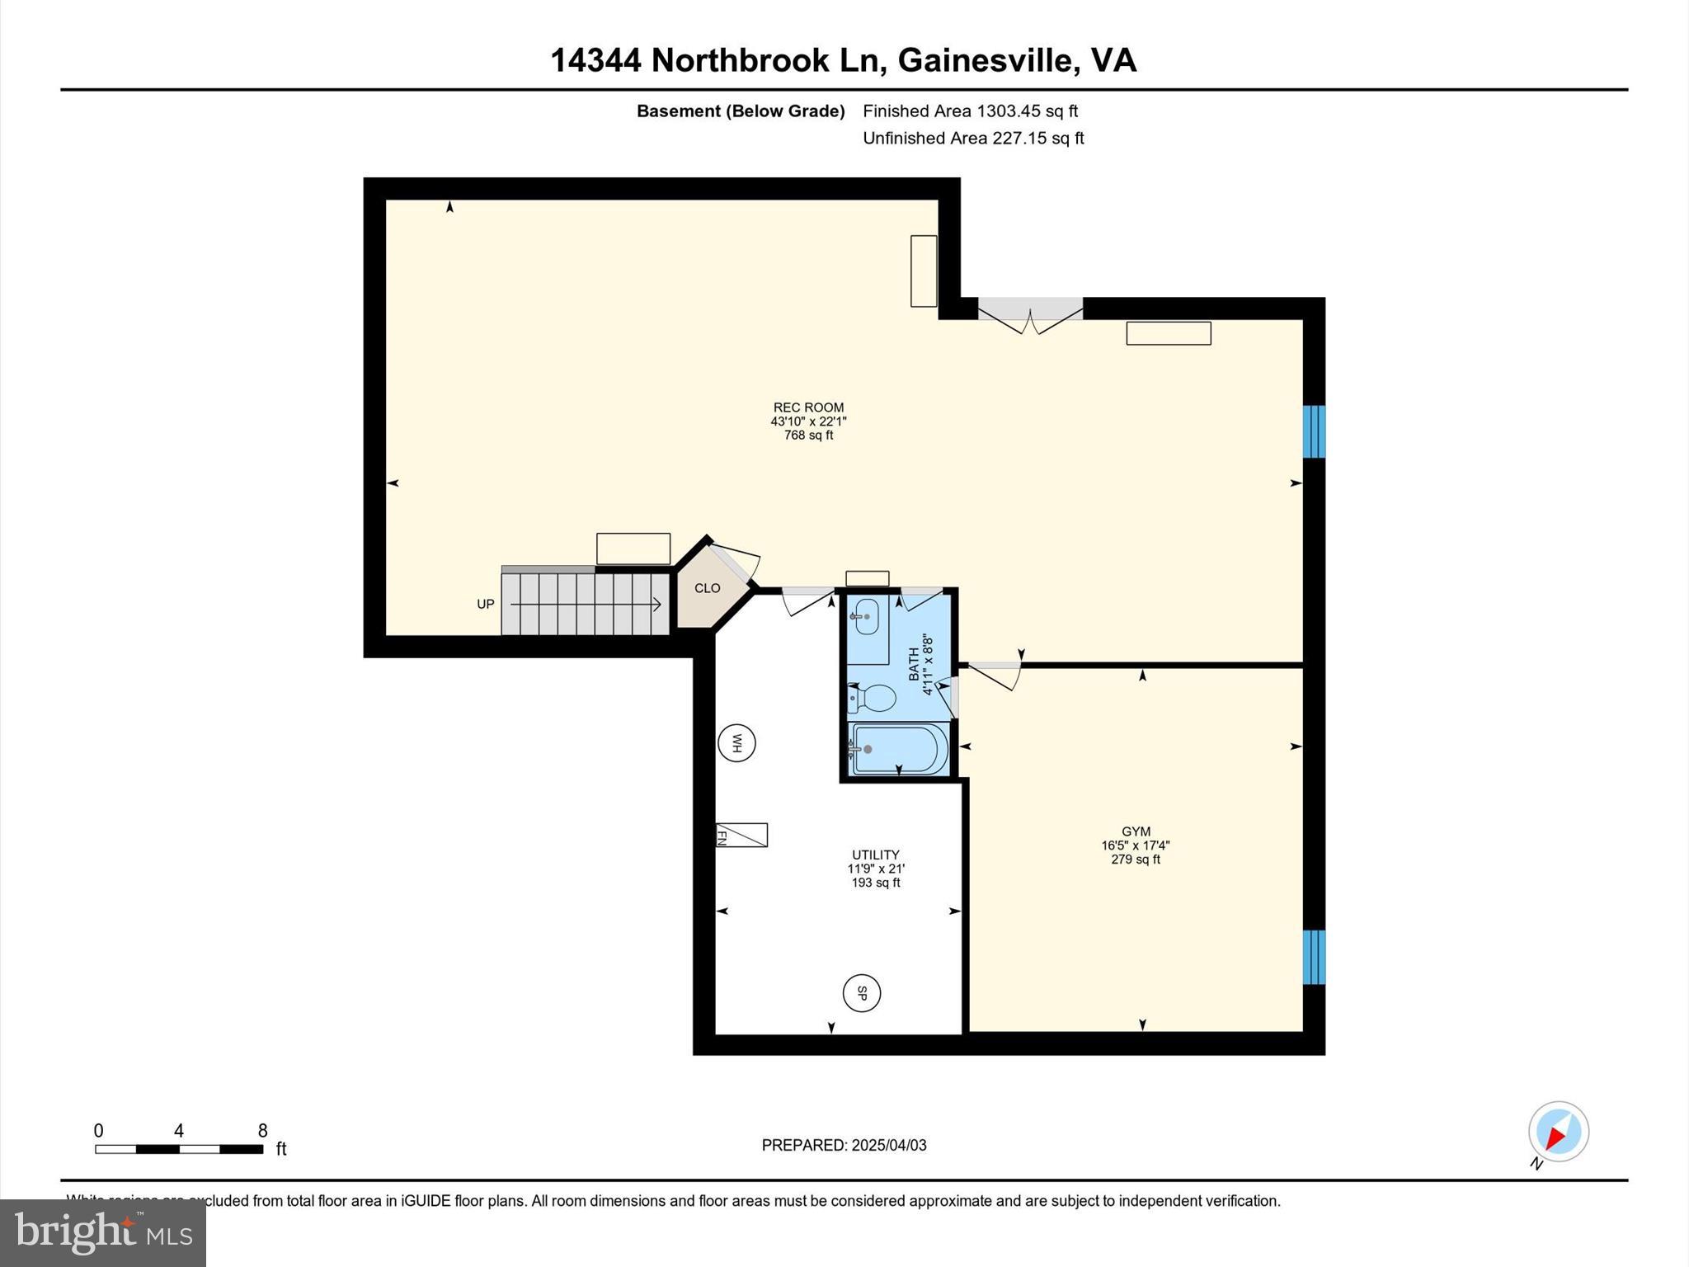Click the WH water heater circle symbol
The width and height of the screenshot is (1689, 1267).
[x=736, y=743]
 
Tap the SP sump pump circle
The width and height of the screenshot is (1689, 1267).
[x=862, y=993]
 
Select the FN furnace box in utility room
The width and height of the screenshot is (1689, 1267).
[x=741, y=835]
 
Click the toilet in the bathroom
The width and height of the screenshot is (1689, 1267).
[x=873, y=699]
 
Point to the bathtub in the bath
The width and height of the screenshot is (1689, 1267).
[x=899, y=749]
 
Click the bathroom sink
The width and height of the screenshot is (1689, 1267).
[x=866, y=616]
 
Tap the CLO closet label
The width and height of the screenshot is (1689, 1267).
[x=707, y=588]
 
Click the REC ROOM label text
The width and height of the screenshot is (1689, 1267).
[x=808, y=407]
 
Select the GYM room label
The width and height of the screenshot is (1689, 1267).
[x=1136, y=831]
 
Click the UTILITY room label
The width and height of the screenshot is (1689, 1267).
[x=875, y=855]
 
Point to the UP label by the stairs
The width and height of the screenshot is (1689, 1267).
[x=486, y=604]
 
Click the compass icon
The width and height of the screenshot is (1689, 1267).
[x=1558, y=1132]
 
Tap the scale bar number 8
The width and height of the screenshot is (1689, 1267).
[x=262, y=1130]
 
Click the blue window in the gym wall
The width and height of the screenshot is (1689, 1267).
[x=1313, y=957]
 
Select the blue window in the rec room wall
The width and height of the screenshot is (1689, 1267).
[x=1313, y=431]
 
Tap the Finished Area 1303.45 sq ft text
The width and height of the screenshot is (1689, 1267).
[x=970, y=111]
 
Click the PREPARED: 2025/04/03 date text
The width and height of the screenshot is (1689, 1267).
[x=844, y=1145]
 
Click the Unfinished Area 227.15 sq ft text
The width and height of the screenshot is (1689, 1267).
[x=973, y=138]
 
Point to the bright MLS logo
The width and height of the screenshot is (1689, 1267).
[x=103, y=1232]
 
